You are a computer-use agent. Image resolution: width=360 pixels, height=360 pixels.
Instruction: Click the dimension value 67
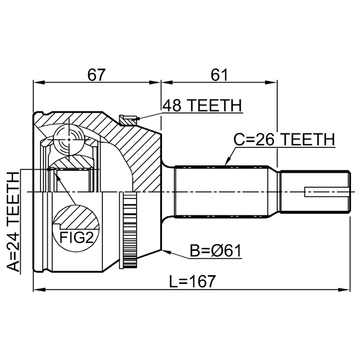click(97, 74)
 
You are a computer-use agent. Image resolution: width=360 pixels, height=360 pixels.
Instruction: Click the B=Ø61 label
click(215, 250)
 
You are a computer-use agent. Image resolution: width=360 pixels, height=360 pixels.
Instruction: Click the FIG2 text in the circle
click(76, 238)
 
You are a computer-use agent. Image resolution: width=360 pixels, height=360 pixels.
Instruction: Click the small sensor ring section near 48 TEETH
click(128, 118)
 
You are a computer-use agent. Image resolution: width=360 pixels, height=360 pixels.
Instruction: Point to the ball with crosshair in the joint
click(68, 137)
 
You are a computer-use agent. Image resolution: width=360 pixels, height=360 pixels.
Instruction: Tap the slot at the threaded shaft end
click(324, 191)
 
